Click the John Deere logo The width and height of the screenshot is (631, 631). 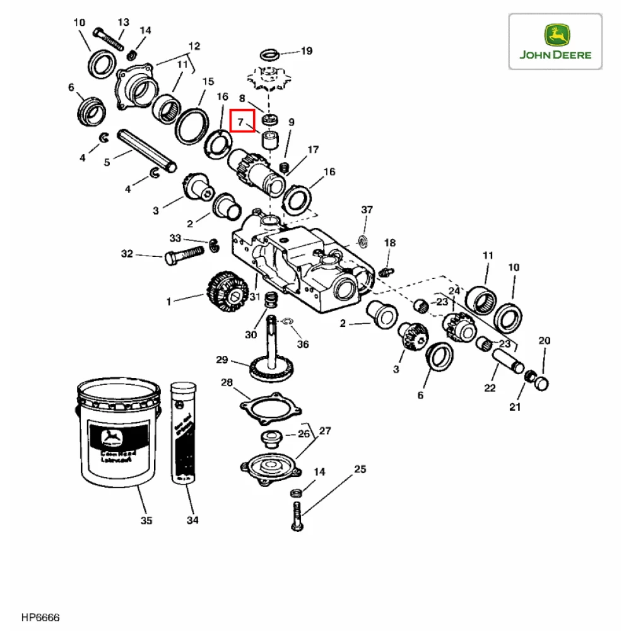click(x=555, y=42)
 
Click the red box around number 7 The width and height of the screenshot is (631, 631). click(x=242, y=121)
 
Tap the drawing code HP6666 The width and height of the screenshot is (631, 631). click(x=40, y=616)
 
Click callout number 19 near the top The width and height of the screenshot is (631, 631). click(x=306, y=51)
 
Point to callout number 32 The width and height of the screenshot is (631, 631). click(x=127, y=254)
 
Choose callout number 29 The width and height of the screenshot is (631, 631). click(x=221, y=360)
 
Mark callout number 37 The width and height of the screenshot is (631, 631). click(x=367, y=210)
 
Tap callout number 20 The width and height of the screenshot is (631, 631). click(x=544, y=341)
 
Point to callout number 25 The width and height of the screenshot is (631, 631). click(x=360, y=469)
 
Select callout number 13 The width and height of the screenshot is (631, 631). click(x=122, y=22)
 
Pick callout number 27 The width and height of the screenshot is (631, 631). click(x=324, y=432)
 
